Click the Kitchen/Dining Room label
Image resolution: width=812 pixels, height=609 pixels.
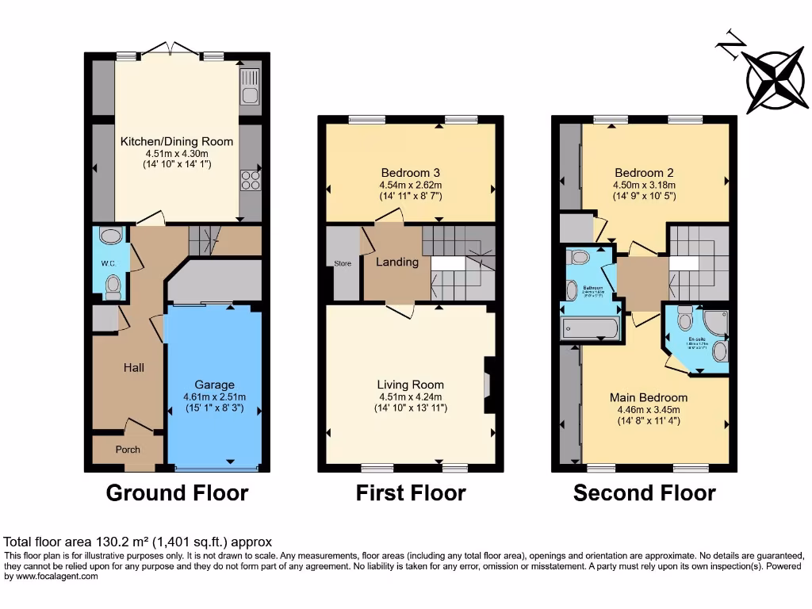177,141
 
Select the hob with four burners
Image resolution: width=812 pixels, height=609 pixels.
250,180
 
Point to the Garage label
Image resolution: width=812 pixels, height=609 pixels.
214,385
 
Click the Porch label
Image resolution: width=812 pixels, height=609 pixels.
128,450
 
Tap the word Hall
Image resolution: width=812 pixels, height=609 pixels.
133,368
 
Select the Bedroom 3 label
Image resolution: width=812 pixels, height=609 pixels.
410,173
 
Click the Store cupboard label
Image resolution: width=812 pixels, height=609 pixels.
342,264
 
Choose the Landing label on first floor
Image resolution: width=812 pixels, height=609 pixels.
396,262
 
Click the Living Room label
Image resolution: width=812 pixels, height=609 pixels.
410,385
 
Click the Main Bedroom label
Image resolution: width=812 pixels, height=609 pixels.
648,397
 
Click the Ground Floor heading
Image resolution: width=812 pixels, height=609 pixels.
177,493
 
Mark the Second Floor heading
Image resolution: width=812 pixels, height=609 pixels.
644,493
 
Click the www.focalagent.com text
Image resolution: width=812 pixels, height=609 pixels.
52,577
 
